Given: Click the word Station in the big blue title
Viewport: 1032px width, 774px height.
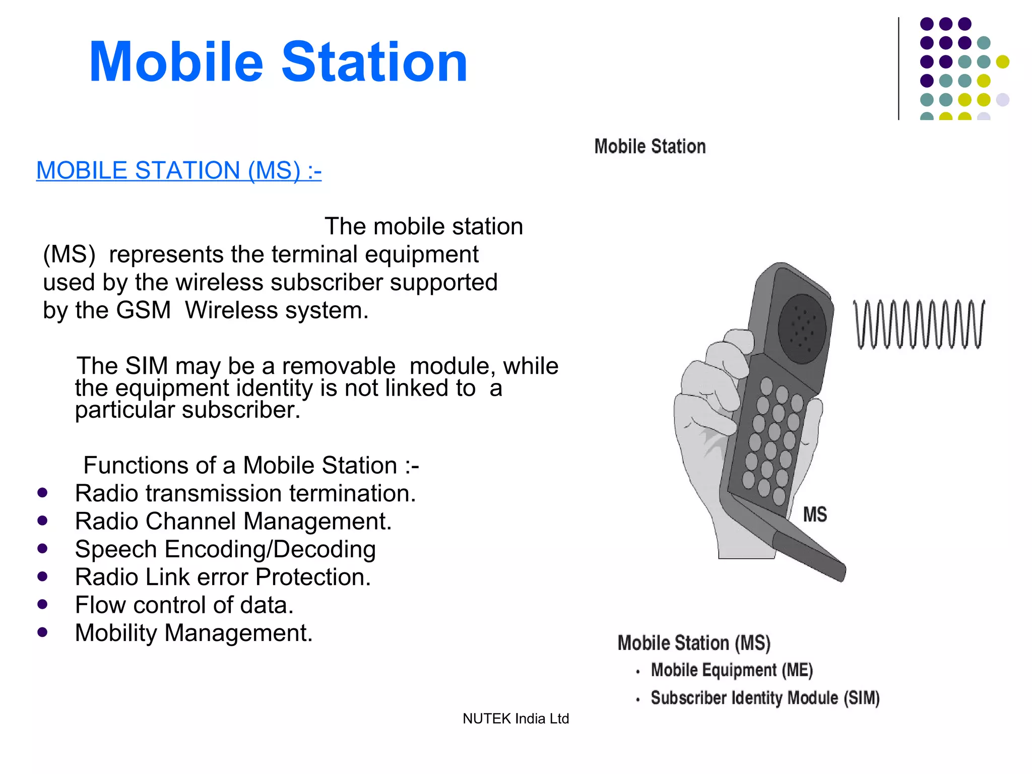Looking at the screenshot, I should click(x=374, y=62).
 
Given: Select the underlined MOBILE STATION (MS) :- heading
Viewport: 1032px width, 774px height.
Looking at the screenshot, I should click(x=178, y=170).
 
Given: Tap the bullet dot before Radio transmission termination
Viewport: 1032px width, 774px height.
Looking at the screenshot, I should click(x=42, y=492).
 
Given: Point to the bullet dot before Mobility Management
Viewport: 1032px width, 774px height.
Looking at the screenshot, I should click(x=42, y=632).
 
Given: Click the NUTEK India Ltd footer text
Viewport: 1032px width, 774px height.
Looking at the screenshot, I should click(x=515, y=719).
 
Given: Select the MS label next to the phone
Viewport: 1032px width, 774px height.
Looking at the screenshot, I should click(x=814, y=514).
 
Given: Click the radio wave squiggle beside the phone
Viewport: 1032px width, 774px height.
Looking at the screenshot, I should click(x=918, y=324).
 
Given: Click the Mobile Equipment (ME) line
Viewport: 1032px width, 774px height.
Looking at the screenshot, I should click(x=732, y=670).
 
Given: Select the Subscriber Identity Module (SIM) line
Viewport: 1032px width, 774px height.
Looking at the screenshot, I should click(x=764, y=698).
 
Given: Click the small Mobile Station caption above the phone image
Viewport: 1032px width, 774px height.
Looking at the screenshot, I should click(x=650, y=147).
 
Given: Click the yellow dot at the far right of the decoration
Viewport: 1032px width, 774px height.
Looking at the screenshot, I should click(x=1002, y=61).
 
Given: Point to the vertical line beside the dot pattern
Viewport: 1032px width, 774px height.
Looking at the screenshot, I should click(x=898, y=69).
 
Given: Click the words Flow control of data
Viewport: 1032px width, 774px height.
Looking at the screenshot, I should click(x=184, y=605).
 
